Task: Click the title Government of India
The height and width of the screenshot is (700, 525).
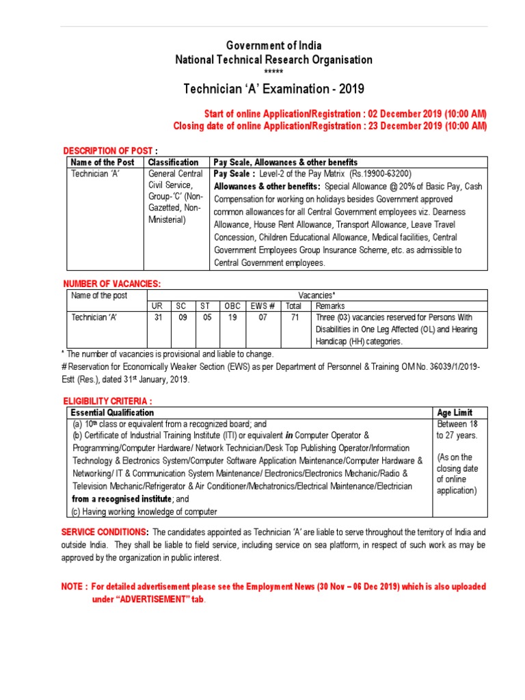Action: click(x=274, y=46)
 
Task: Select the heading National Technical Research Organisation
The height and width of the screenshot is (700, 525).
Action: click(x=274, y=59)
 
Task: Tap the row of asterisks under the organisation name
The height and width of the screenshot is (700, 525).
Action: click(x=273, y=72)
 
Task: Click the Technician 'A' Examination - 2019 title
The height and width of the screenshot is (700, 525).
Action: click(x=274, y=89)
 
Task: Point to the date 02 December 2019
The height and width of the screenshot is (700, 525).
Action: click(x=405, y=113)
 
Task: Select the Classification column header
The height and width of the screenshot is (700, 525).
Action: click(x=174, y=162)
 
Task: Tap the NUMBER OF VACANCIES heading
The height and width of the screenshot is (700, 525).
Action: click(x=111, y=283)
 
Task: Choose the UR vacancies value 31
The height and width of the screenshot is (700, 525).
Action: click(x=158, y=317)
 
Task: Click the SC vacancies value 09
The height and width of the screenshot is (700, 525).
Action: click(x=183, y=317)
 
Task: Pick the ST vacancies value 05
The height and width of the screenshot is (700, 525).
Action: click(x=206, y=317)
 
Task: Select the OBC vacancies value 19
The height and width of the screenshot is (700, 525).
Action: click(x=232, y=317)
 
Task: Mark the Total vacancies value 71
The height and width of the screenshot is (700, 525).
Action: click(x=294, y=317)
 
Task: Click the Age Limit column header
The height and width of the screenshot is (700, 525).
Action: click(x=454, y=413)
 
